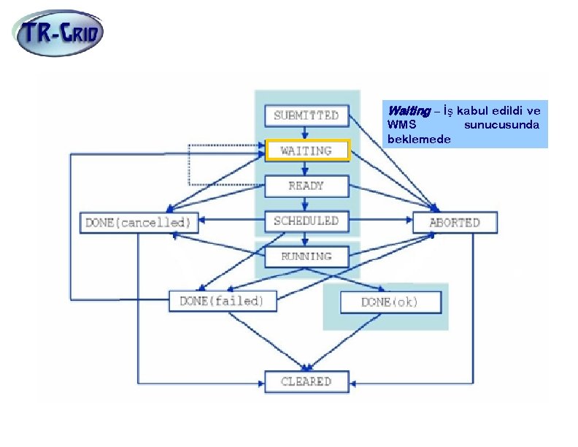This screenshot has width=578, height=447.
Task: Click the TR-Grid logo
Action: tap(58, 33)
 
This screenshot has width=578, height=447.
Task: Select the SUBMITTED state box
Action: tap(307, 116)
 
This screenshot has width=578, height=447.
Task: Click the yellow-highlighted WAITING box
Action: tap(307, 150)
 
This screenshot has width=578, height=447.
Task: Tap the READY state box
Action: tap(307, 186)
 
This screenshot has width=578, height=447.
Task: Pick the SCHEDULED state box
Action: tap(307, 221)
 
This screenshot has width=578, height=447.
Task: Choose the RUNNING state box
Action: tap(307, 256)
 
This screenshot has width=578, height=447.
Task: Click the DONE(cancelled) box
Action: tap(139, 223)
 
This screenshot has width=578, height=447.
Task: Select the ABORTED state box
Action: tap(455, 222)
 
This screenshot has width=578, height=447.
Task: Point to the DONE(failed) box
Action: tap(223, 302)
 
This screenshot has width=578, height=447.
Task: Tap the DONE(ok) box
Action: tap(390, 302)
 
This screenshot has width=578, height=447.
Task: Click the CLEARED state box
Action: tap(307, 382)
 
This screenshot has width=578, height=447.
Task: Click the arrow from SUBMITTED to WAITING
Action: tap(304, 133)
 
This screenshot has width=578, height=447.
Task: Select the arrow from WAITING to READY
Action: tap(304, 168)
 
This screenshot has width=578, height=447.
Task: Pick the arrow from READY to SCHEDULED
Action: tap(304, 204)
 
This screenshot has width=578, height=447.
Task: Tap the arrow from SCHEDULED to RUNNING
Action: tap(304, 239)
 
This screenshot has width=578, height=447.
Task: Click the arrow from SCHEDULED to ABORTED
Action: tap(381, 220)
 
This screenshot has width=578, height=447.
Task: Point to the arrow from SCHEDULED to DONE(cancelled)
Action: tap(231, 220)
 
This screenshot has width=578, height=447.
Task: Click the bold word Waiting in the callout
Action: tap(409, 110)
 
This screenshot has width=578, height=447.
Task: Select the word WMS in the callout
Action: tap(402, 125)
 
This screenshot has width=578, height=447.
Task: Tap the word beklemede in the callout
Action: tap(419, 139)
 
